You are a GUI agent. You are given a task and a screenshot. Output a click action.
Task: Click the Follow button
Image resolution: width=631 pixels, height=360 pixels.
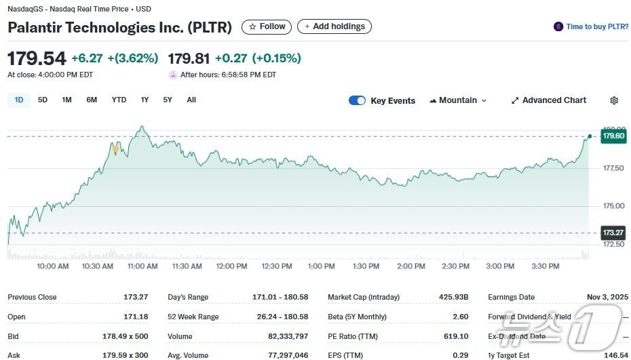pos(267,26)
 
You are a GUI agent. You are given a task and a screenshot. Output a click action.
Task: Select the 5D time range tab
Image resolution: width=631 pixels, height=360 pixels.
pos(43,100)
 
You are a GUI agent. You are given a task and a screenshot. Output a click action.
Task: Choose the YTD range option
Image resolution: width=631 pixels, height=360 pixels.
pos(119,100)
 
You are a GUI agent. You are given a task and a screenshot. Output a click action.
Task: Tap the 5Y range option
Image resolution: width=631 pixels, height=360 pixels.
pos(168,100)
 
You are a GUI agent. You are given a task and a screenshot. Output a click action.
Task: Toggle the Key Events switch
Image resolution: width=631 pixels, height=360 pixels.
pos(357,100)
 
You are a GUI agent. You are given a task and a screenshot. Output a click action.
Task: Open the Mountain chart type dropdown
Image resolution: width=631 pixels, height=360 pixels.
pos(458,100)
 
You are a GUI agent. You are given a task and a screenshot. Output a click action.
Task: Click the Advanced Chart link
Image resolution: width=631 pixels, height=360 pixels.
pos(548,100)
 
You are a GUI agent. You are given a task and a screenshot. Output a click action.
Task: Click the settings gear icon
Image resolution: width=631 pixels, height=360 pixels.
pos(614,100)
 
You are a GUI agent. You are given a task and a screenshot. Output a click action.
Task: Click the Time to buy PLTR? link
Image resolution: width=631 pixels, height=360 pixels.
pos(591,26)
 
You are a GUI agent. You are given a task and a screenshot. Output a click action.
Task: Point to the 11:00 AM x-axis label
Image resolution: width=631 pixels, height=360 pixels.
pos(142,266)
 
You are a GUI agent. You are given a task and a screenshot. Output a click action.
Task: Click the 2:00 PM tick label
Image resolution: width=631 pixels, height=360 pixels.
pos(410,266)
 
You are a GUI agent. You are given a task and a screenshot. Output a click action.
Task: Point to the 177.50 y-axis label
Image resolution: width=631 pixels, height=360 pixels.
pos(613,168)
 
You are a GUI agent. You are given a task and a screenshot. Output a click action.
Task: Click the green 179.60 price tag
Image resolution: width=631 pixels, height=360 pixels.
pos(613,136)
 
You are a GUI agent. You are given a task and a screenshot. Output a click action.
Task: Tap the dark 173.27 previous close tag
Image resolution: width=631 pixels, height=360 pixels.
pos(613,233)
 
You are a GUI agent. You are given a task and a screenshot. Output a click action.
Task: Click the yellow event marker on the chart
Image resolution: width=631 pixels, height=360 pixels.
pos(116,148)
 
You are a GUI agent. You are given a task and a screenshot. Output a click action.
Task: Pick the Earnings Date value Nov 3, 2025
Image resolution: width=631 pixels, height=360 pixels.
pos(607,297)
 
